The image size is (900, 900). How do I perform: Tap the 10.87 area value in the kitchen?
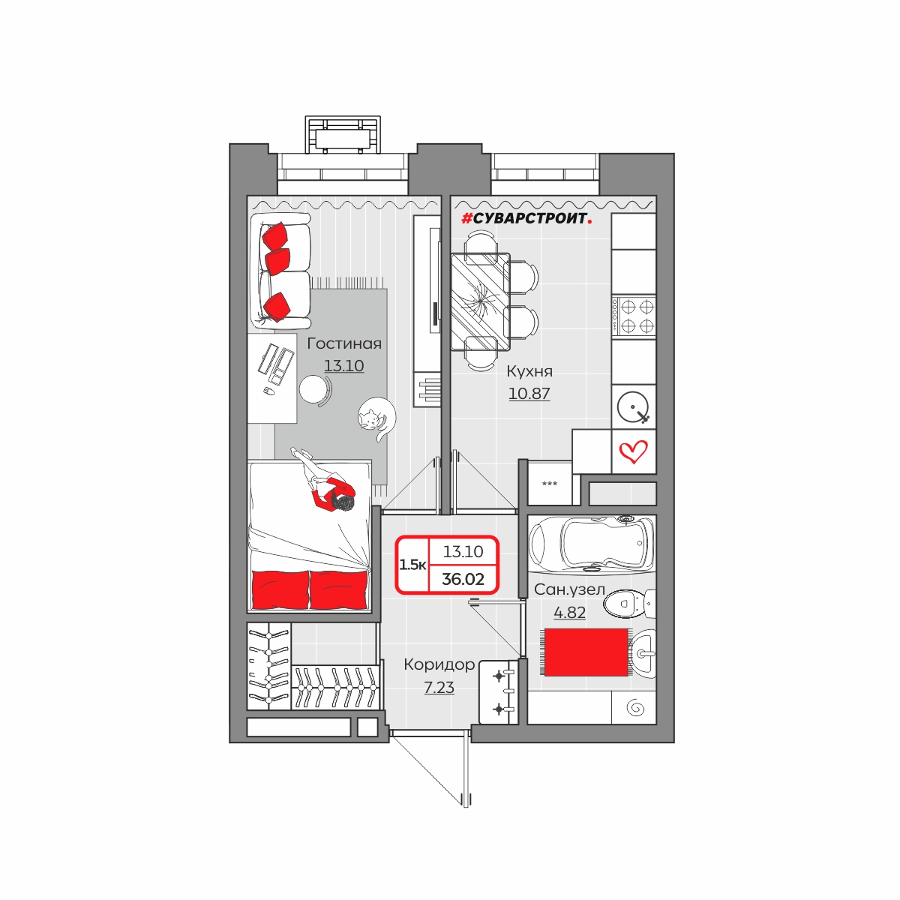(x=529, y=394)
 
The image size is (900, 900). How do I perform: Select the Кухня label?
(x=529, y=372)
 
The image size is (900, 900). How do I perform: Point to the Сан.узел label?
(x=569, y=589)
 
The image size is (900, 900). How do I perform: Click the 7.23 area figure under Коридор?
(x=439, y=688)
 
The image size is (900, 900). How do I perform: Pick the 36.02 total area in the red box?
(x=463, y=579)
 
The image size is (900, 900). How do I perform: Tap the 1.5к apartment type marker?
(x=412, y=565)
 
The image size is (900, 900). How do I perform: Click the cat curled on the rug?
(x=376, y=418)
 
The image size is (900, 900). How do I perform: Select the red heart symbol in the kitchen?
(x=633, y=451)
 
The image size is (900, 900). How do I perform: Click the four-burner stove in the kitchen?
(x=633, y=315)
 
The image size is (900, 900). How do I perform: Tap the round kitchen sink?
(x=633, y=406)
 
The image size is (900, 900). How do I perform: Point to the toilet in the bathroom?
(x=629, y=604)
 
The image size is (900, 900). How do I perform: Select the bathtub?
(x=591, y=544)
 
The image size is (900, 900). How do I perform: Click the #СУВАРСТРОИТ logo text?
(x=526, y=218)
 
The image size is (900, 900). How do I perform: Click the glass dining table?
(x=480, y=301)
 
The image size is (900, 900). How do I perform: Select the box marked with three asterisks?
(x=550, y=484)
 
